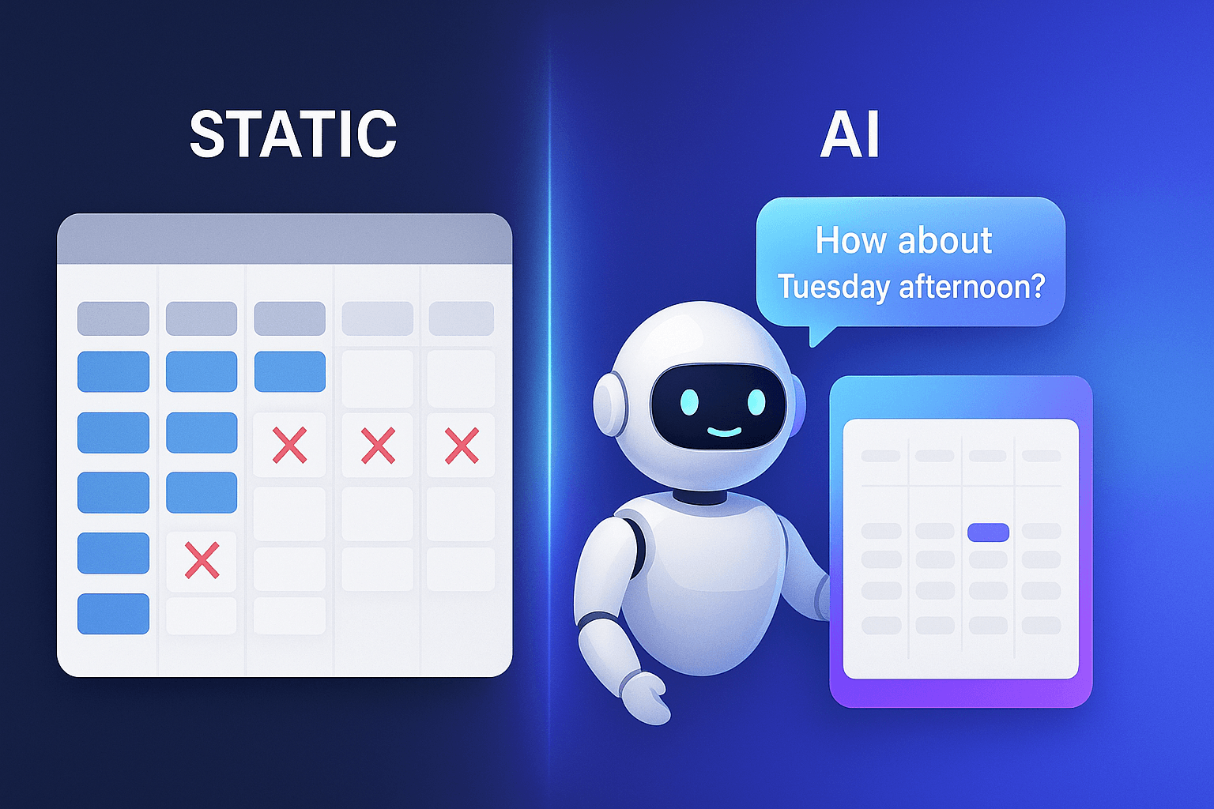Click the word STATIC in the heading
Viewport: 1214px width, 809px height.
pyautogui.click(x=292, y=134)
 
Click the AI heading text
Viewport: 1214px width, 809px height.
pyautogui.click(x=850, y=134)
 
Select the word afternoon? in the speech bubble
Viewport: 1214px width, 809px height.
pyautogui.click(x=972, y=286)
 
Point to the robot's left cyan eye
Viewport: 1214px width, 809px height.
pyautogui.click(x=689, y=401)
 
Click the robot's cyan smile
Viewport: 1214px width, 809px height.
pyautogui.click(x=723, y=432)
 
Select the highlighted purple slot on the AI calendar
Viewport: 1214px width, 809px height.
pyautogui.click(x=988, y=532)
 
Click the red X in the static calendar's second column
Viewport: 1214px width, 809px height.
pyautogui.click(x=202, y=561)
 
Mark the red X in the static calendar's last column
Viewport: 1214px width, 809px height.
pyautogui.click(x=462, y=446)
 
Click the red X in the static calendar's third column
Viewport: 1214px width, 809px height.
pyautogui.click(x=289, y=446)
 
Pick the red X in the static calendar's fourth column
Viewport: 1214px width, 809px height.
pyautogui.click(x=378, y=446)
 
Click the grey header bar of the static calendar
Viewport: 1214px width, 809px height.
pyautogui.click(x=285, y=239)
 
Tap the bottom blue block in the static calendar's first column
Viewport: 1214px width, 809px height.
pyautogui.click(x=113, y=614)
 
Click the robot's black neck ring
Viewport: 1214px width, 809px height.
pyautogui.click(x=699, y=497)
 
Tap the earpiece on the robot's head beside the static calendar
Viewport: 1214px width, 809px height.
pyautogui.click(x=606, y=404)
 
